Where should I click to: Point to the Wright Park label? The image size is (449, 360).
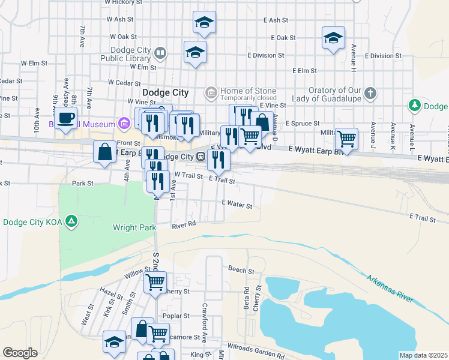tap(134, 227)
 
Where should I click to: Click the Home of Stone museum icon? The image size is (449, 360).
tap(211, 92)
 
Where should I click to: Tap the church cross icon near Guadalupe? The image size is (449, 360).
tap(371, 93)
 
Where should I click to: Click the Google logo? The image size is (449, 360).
tap(20, 352)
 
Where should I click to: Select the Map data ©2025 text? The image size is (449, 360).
tap(423, 355)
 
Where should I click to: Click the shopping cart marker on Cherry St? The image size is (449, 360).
tap(155, 281)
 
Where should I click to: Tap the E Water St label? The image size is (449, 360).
tap(237, 205)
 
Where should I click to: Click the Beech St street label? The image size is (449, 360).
tap(238, 270)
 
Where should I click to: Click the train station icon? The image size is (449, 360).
tap(199, 157)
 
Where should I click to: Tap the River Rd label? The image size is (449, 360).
tap(184, 224)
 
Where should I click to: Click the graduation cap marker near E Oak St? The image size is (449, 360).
tap(333, 38)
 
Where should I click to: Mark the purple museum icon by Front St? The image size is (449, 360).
tap(124, 124)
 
